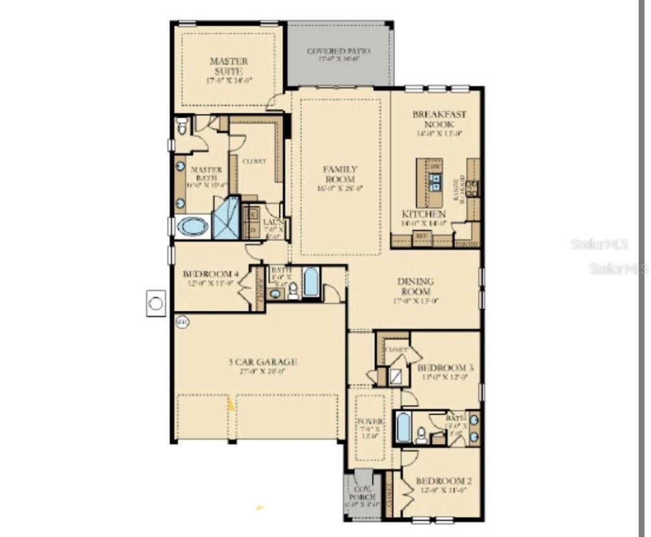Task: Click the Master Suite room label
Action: pos(228,66)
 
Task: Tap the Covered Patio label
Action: pos(338,51)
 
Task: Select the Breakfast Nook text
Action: pos(439,119)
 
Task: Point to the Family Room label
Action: pos(340,174)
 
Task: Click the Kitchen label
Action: pos(424,214)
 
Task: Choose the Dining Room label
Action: pos(416,287)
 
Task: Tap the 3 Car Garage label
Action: pos(262,362)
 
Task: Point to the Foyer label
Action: pos(371,423)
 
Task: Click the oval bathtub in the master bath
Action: pos(192,226)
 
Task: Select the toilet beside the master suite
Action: pos(182,125)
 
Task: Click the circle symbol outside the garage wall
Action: pos(156,303)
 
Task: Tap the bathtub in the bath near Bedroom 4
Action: pos(311,282)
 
